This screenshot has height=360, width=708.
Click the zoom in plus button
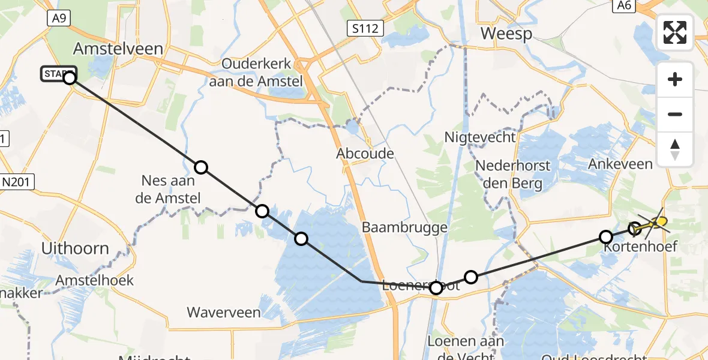[675, 79]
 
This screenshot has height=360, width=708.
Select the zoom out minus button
[675, 114]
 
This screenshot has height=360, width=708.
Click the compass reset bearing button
[675, 149]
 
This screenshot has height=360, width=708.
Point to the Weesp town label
[506, 34]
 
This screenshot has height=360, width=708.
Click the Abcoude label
[365, 154]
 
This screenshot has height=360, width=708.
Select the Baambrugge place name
[404, 227]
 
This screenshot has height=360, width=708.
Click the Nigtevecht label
[479, 137]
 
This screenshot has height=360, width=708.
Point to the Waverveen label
[224, 313]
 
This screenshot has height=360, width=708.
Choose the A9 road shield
[58, 19]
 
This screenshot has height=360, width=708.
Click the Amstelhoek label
[94, 281]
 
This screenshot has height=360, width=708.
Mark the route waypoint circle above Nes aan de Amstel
[201, 167]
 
